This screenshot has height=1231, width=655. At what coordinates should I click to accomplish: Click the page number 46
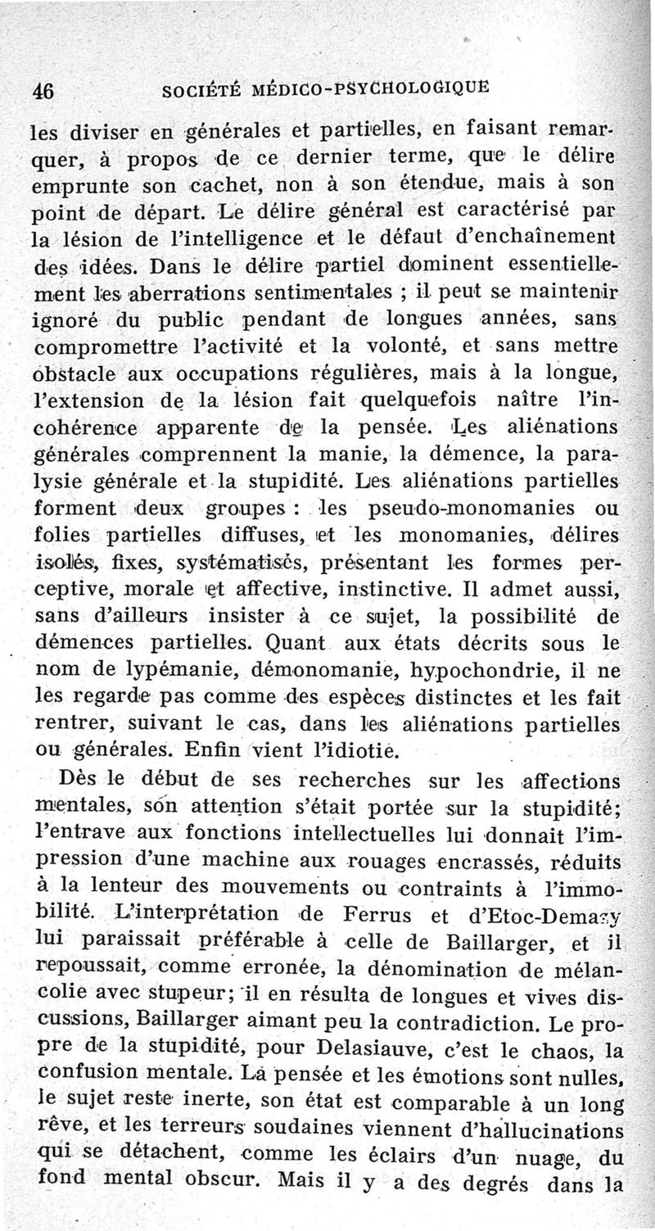(x=41, y=91)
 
